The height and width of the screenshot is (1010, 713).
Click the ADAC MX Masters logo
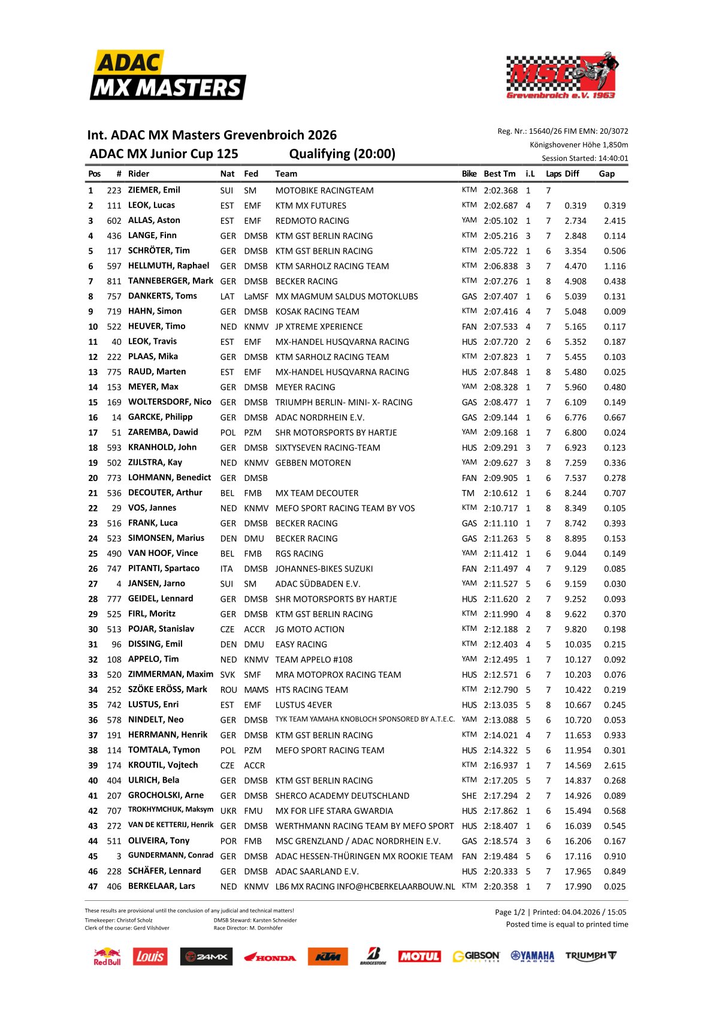tap(168, 76)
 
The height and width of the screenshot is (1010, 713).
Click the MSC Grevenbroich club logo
tap(561, 76)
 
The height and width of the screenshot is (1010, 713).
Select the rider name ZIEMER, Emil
tap(154, 190)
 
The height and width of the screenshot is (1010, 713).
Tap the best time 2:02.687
tap(500, 205)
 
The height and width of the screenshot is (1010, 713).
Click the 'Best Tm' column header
tap(499, 174)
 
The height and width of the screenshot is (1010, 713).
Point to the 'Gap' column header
tap(606, 174)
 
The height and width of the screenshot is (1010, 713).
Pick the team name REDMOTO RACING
tap(312, 221)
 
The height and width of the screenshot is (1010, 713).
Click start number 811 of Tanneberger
tap(114, 281)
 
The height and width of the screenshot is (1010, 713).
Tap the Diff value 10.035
tap(577, 644)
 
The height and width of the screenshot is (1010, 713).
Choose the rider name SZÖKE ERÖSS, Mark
tap(167, 690)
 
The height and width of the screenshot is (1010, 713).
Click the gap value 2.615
tap(614, 765)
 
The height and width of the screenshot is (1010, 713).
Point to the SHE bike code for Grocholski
tap(469, 796)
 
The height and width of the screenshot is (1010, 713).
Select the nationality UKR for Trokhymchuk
tap(228, 811)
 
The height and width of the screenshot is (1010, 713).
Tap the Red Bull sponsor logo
tap(107, 957)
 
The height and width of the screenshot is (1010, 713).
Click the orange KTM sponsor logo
tap(328, 957)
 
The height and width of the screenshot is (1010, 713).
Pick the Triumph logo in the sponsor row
tap(590, 956)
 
